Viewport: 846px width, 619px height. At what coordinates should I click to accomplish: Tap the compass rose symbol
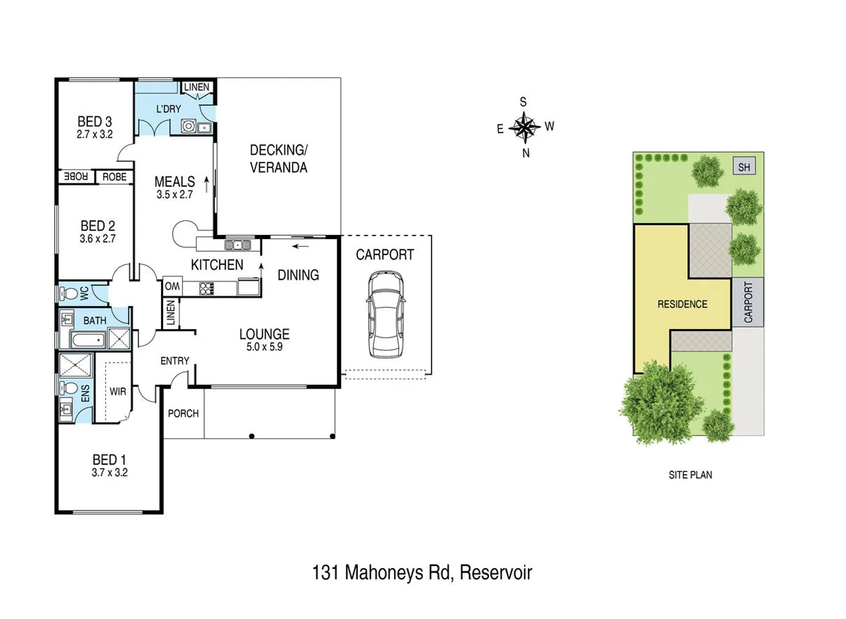click(x=524, y=127)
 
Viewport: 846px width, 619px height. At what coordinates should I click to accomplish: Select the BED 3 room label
click(x=95, y=122)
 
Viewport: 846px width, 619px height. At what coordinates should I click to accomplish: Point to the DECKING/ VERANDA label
click(x=279, y=158)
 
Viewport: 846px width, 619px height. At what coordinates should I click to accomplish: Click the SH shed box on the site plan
click(x=744, y=167)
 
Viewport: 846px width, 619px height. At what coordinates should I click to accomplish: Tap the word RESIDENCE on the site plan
click(x=682, y=304)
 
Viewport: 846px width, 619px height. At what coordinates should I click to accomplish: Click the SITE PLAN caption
click(x=690, y=475)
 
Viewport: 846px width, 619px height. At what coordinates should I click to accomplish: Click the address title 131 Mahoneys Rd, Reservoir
click(x=422, y=573)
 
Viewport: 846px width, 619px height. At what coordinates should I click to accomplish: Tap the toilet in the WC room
click(x=68, y=293)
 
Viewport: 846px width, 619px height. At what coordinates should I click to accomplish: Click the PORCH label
click(x=183, y=413)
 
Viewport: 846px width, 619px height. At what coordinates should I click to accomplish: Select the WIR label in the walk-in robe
click(x=118, y=390)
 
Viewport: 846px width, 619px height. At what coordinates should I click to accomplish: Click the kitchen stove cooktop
click(x=206, y=288)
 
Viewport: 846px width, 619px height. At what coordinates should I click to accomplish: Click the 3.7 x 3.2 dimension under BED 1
click(x=109, y=472)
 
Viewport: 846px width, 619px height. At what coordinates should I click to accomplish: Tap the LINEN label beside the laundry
click(x=197, y=87)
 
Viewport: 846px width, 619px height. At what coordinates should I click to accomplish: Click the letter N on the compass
click(x=526, y=152)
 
